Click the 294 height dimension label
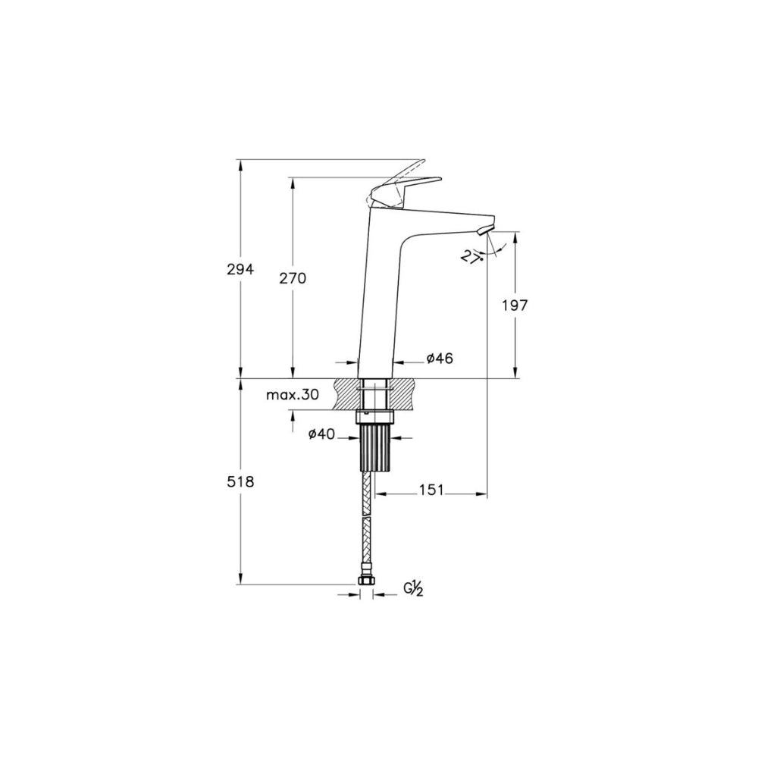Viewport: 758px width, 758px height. [x=241, y=269]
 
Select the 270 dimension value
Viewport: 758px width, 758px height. [x=293, y=278]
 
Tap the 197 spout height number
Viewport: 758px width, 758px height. [x=515, y=305]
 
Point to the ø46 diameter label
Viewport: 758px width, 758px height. [x=440, y=359]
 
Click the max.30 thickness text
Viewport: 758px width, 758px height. [x=293, y=395]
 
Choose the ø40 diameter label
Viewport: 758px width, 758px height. [x=321, y=434]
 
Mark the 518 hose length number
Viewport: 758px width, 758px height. [x=241, y=481]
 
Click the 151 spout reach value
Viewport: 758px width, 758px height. [x=431, y=490]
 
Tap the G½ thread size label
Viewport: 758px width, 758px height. [x=414, y=589]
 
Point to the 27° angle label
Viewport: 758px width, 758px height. [x=474, y=255]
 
